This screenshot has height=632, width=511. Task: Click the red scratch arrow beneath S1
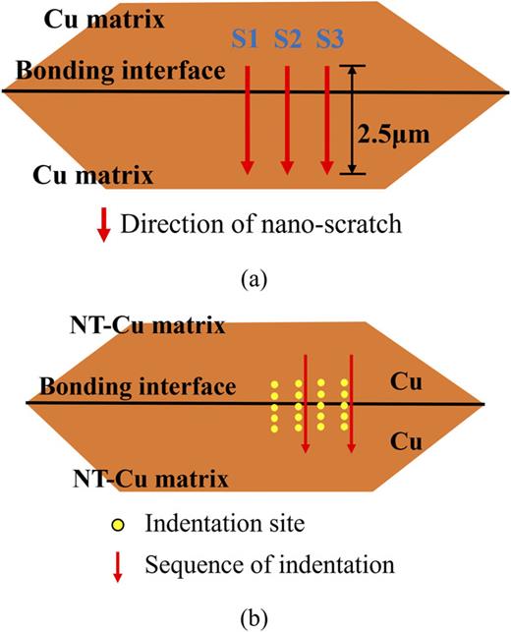246,118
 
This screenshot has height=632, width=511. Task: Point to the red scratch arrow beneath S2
287,118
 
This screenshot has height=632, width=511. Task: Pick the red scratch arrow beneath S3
327,118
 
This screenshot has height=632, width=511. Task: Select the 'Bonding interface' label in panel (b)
130,386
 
